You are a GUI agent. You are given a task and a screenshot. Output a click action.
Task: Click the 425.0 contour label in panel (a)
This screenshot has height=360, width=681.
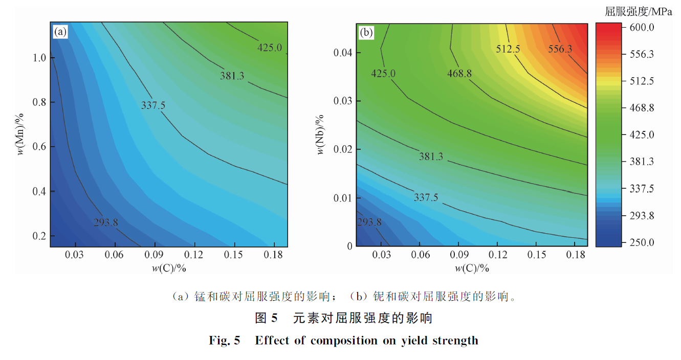(269, 48)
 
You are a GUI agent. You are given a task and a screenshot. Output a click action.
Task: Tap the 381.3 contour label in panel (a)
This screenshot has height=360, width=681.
(232, 76)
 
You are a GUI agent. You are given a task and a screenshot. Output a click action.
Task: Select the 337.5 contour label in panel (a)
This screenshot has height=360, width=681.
(153, 105)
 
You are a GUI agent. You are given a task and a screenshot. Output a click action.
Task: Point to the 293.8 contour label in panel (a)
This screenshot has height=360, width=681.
(106, 222)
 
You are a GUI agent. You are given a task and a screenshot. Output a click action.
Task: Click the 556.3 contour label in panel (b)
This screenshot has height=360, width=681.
(561, 49)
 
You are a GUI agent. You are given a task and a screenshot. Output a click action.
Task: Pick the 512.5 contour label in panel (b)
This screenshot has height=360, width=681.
(508, 49)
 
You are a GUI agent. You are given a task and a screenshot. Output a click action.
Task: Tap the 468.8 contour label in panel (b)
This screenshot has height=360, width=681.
(459, 74)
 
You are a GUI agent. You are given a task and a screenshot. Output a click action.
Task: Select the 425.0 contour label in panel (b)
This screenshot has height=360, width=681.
(383, 74)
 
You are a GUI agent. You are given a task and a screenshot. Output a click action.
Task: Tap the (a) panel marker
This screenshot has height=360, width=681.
(60, 33)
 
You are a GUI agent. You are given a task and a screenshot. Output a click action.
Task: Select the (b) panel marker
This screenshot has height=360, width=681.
(366, 33)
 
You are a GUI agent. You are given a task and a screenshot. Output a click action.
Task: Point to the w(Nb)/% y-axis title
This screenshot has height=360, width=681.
(321, 135)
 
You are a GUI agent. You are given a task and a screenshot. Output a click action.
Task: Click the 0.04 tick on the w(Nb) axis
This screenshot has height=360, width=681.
(342, 53)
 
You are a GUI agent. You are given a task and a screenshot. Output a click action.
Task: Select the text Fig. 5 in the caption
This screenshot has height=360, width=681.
(224, 341)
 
